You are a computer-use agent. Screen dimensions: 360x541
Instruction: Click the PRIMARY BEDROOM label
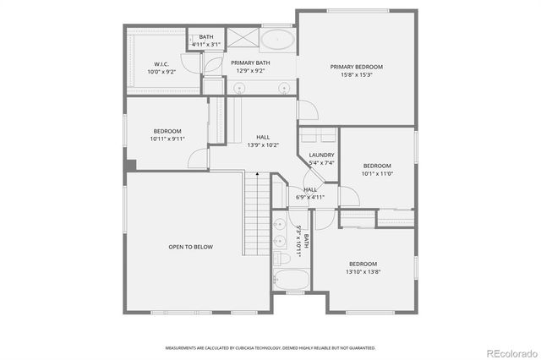pyautogui.click(x=356, y=67)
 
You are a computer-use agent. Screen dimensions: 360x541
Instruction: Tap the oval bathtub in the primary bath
pyautogui.click(x=276, y=40)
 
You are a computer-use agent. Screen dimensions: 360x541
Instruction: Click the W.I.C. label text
pyautogui.click(x=161, y=64)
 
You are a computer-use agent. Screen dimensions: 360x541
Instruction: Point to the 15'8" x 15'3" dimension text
pyautogui.click(x=356, y=74)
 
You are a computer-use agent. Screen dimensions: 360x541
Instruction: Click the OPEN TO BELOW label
pyautogui.click(x=190, y=247)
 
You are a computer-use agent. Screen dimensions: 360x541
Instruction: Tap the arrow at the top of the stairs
pyautogui.click(x=257, y=172)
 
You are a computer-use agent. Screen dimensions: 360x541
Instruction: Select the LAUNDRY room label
pyautogui.click(x=321, y=155)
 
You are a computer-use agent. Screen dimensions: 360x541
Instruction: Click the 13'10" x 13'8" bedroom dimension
pyautogui.click(x=363, y=271)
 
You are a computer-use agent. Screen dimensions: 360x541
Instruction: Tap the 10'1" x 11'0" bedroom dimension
pyautogui.click(x=377, y=172)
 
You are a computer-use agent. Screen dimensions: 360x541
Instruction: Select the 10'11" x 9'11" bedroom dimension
pyautogui.click(x=167, y=139)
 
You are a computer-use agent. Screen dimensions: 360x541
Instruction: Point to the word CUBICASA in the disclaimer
pyautogui.click(x=250, y=347)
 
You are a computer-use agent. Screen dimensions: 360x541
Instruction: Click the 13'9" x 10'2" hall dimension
pyautogui.click(x=263, y=145)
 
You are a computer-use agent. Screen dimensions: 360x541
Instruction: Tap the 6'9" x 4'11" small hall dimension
pyautogui.click(x=310, y=197)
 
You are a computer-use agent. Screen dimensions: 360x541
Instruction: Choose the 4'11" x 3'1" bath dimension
pyautogui.click(x=206, y=44)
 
